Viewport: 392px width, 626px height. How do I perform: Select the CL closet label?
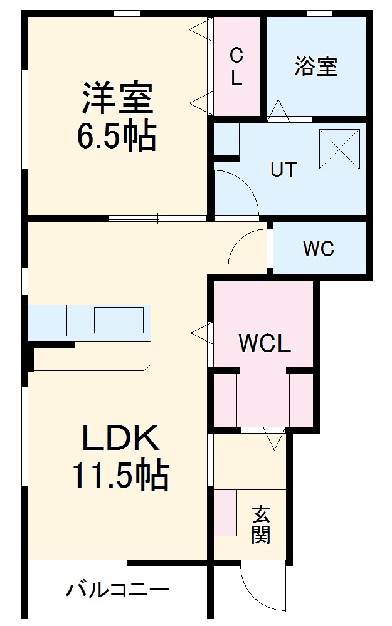point(236,67)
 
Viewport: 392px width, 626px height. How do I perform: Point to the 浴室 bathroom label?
point(315,66)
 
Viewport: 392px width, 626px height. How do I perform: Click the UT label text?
point(283,170)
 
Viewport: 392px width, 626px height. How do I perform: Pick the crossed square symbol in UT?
point(340,149)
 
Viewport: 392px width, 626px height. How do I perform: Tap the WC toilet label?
point(319,249)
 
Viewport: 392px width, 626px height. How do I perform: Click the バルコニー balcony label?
point(118,590)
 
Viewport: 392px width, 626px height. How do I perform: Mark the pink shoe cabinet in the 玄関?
point(225,513)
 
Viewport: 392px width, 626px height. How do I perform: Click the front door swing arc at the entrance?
point(256,589)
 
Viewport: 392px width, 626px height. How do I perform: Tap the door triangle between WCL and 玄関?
point(274,437)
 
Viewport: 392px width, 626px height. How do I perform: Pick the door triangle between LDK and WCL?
point(202,332)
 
